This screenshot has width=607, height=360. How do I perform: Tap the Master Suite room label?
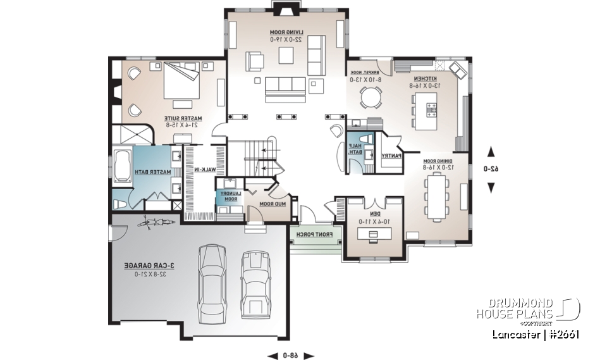pos(184,121)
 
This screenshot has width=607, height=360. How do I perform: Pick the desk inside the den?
pos(372,234)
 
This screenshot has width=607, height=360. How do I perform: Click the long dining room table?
pos(436,197)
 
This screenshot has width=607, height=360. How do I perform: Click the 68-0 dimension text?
pos(291,355)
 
